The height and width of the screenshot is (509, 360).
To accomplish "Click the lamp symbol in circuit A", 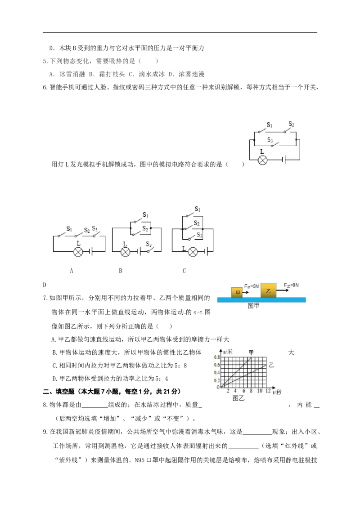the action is [x=78, y=252].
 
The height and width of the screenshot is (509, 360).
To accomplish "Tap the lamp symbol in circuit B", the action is [x=126, y=252].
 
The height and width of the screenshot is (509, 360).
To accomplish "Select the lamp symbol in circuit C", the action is [x=193, y=252].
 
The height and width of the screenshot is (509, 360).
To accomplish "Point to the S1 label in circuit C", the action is [x=198, y=209].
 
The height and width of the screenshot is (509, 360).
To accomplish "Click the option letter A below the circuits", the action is [x=72, y=271].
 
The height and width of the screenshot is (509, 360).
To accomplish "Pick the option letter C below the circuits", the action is [x=184, y=271].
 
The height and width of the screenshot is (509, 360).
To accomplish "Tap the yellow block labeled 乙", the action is [x=268, y=290].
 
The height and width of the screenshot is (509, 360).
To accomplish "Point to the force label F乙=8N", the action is [x=291, y=286].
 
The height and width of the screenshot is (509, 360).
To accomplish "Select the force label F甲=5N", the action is [x=252, y=286].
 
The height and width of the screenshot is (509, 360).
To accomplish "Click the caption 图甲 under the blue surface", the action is [x=253, y=306].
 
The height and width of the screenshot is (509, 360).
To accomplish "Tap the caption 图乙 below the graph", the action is [x=238, y=398].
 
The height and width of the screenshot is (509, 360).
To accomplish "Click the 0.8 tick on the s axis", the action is [x=217, y=357].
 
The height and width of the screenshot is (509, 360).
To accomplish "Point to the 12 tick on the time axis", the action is [x=268, y=391].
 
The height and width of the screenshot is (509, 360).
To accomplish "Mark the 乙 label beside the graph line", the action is [x=271, y=365].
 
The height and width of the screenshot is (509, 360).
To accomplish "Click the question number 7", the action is [x=45, y=298].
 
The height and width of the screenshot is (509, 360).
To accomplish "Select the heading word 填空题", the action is [x=65, y=392].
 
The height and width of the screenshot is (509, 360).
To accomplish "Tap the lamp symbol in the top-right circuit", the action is [x=262, y=160].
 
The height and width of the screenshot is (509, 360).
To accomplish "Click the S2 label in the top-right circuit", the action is [x=292, y=124].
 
